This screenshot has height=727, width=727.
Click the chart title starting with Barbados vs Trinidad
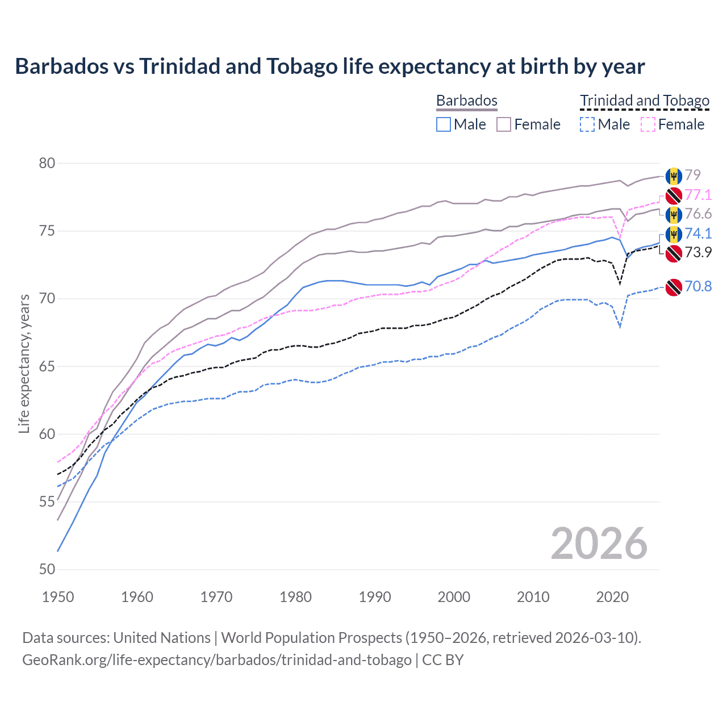point(329,66)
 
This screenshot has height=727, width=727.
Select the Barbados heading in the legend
point(466,101)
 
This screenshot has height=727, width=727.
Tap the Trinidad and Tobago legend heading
point(645,101)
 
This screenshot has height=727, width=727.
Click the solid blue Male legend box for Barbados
point(444,124)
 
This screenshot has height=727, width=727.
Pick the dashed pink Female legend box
point(648,124)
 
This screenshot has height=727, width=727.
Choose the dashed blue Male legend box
point(587,124)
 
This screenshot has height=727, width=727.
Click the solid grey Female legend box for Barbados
point(504,124)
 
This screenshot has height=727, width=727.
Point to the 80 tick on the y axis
point(47,164)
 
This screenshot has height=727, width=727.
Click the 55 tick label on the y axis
point(47,502)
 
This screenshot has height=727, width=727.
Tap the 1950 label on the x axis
point(58,597)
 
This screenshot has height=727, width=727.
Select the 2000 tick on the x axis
point(454,597)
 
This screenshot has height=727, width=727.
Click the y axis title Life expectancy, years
point(24,364)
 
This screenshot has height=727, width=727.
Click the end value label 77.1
point(698,195)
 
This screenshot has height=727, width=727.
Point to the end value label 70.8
point(698,286)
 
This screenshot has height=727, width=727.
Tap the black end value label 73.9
point(698,252)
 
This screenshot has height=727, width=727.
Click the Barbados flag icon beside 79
point(674,176)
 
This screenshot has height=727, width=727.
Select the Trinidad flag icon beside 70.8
point(674,287)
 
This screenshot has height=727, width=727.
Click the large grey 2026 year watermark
point(599,544)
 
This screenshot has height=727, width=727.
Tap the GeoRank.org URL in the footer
point(216,660)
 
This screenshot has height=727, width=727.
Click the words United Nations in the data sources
point(162,638)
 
